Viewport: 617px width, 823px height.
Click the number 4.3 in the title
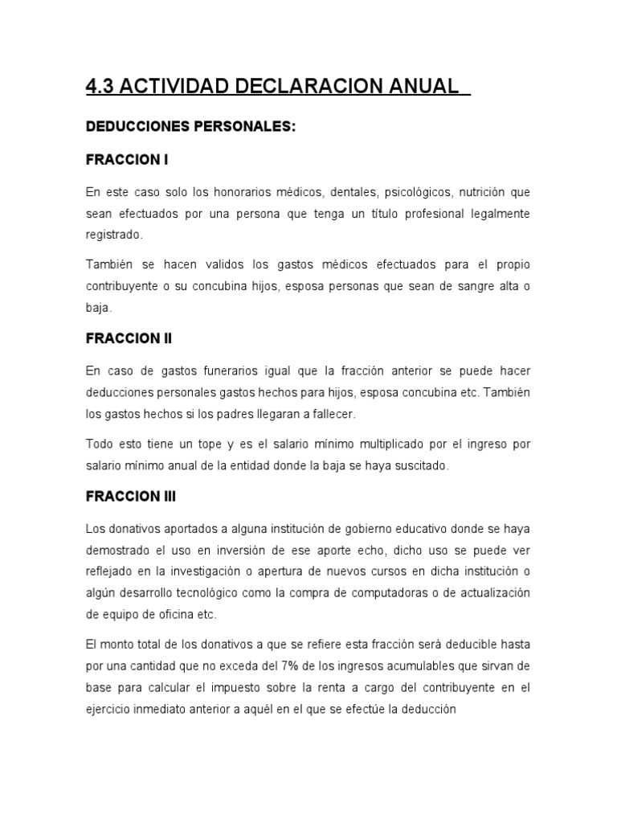[x=101, y=86]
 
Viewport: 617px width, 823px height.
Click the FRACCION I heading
[x=127, y=160]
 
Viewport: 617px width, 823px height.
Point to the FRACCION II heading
[x=129, y=338]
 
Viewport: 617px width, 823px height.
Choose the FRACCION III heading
[x=131, y=496]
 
